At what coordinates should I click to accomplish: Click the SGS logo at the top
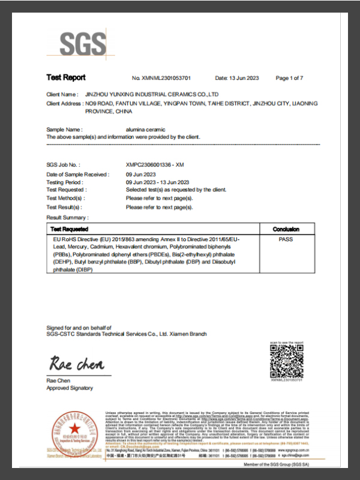tap(85, 44)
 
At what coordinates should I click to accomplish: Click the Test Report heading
tap(66, 77)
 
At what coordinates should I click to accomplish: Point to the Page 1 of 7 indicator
tap(289, 78)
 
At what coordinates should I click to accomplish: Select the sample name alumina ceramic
tap(145, 130)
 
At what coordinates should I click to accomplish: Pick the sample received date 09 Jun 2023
tap(142, 174)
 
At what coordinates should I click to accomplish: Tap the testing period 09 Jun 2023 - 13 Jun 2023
tap(158, 182)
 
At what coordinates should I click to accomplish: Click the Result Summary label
tap(67, 217)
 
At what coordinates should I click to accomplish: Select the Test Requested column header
tap(70, 229)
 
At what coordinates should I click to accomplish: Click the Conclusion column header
tap(286, 229)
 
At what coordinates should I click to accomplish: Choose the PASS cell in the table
tap(286, 239)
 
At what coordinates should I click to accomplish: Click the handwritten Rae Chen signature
tap(76, 364)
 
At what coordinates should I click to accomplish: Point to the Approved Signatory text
tap(70, 388)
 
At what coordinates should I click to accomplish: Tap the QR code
tap(286, 361)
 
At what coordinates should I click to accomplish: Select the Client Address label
tap(64, 104)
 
